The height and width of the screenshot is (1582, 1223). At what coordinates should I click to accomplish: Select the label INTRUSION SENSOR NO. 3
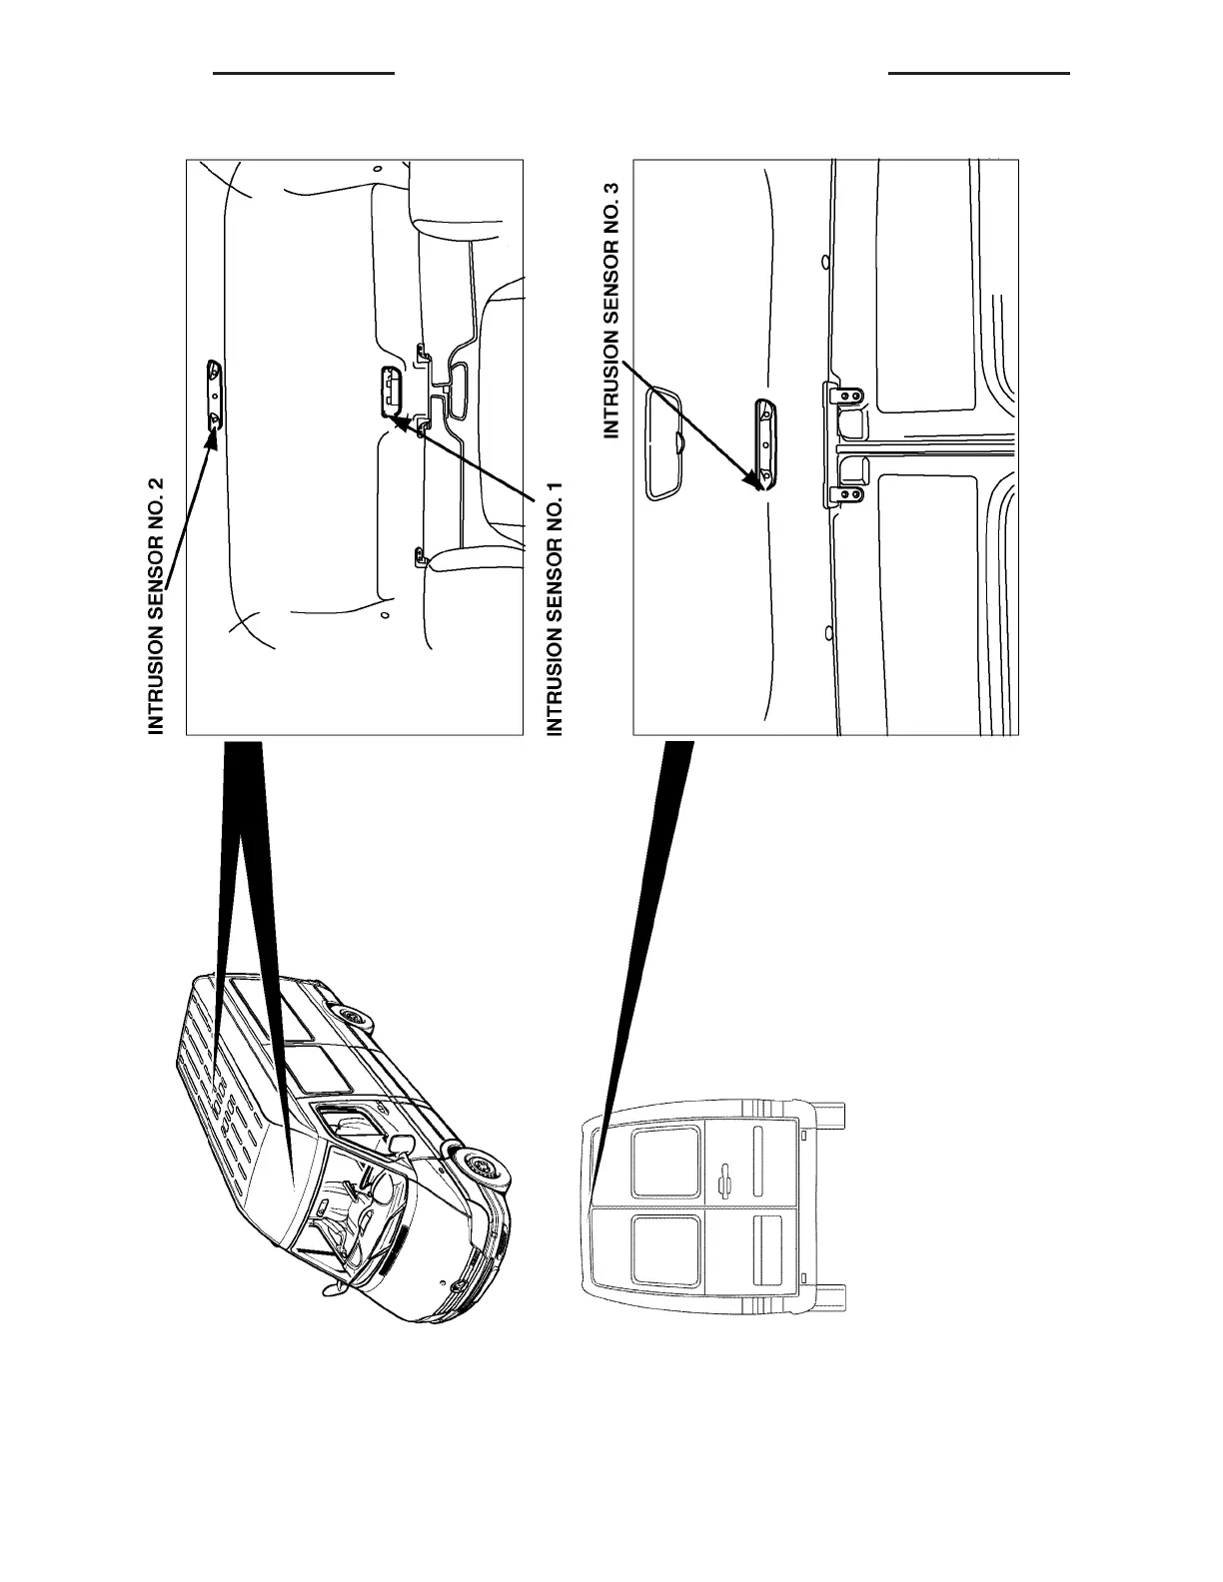click(x=612, y=309)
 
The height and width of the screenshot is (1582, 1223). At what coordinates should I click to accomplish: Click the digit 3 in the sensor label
click(x=612, y=188)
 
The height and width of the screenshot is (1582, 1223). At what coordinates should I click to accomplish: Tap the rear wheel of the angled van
click(x=352, y=1017)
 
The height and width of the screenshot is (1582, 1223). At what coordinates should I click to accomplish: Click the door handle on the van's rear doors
click(x=726, y=1179)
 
